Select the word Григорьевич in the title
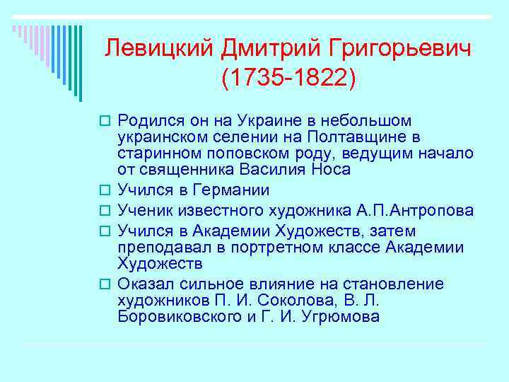coord(401,49)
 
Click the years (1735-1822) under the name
coord(288,79)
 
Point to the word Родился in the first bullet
coord(150,121)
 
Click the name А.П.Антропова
coord(416,210)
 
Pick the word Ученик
coord(144,210)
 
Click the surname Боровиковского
coord(180,317)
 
